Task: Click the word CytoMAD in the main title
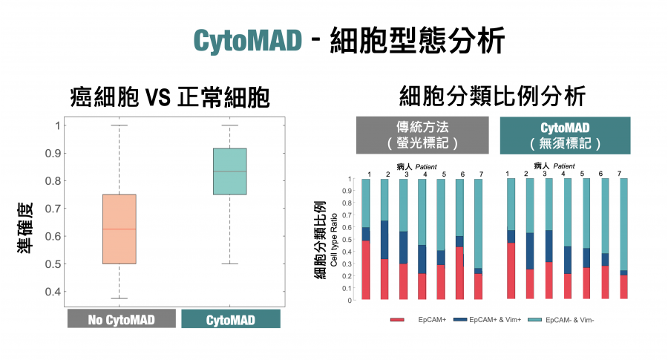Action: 248,39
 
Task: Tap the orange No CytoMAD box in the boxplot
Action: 119,229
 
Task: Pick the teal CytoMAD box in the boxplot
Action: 230,171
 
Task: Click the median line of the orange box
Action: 119,229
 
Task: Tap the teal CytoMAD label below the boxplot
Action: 231,319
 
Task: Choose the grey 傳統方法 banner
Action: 422,135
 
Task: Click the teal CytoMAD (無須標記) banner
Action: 565,135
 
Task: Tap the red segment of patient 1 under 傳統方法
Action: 366,269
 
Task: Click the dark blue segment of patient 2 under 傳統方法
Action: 384,240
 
